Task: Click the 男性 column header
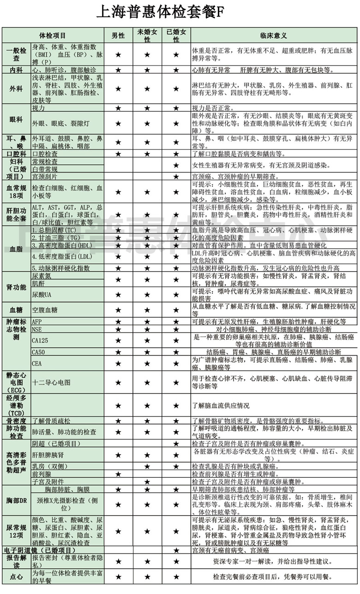tap(118, 36)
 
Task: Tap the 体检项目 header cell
tap(53, 36)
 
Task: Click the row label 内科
tap(16, 70)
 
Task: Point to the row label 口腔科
tap(16, 154)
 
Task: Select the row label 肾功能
tap(16, 287)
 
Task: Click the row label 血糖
tap(16, 310)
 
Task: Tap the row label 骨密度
tap(16, 421)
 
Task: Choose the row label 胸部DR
tap(16, 501)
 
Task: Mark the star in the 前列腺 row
tap(118, 474)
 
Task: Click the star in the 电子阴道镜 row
tap(176, 550)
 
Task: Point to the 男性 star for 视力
tap(118, 108)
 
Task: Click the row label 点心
tap(16, 576)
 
